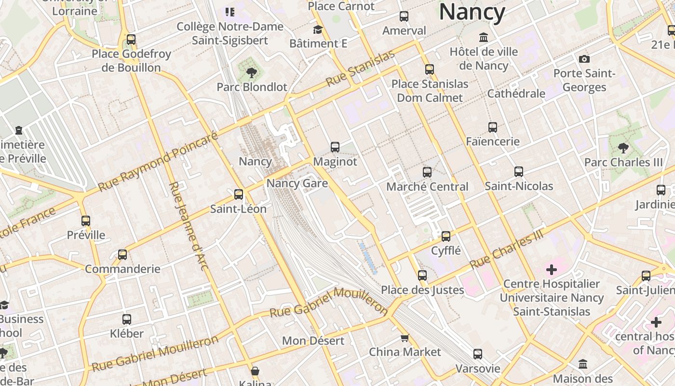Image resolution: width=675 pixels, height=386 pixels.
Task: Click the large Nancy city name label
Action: click(x=472, y=12)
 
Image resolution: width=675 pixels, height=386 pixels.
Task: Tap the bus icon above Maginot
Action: click(x=335, y=147)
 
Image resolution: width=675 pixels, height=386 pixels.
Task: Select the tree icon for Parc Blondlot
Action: click(x=251, y=73)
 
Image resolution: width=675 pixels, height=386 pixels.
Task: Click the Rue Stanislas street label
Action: click(x=360, y=69)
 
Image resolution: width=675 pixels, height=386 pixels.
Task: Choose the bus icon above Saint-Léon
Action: click(x=239, y=194)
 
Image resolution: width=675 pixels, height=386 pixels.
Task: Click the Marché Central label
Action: click(x=427, y=187)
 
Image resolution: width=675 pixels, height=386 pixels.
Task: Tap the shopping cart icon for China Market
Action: click(x=405, y=338)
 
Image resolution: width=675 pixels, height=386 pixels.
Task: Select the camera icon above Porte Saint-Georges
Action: click(x=584, y=59)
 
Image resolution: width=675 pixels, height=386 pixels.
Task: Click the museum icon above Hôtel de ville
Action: click(x=484, y=37)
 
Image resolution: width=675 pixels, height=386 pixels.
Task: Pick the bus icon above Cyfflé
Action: click(x=446, y=236)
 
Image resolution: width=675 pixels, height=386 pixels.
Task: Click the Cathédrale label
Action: click(x=516, y=94)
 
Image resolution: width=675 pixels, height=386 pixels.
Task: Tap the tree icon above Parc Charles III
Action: click(x=623, y=148)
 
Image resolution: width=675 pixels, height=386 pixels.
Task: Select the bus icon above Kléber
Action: click(x=127, y=319)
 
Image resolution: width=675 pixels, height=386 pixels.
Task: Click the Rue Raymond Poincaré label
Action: click(x=158, y=162)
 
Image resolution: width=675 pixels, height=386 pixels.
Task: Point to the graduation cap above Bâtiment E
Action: click(x=318, y=30)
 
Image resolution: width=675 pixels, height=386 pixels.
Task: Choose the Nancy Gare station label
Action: click(x=297, y=183)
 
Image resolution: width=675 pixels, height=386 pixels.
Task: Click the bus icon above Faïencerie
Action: click(x=493, y=127)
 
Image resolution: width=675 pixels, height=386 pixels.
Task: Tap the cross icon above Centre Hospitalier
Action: click(x=552, y=269)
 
